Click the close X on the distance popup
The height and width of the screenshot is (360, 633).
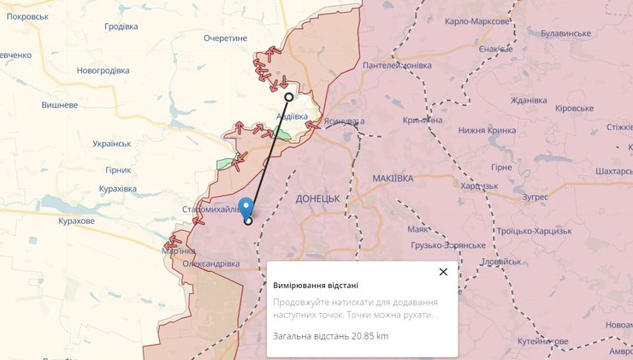443,272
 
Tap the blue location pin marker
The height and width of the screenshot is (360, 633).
246,209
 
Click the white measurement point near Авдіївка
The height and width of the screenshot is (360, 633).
289,97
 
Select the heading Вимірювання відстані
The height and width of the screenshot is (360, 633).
316,286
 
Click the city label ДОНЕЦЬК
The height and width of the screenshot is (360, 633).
317,198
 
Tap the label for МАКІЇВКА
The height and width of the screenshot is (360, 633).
393,178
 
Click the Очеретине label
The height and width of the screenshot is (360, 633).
225,38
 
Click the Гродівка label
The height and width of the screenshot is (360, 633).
121,26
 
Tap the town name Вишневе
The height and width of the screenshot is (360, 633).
60,105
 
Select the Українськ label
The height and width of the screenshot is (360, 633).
111,143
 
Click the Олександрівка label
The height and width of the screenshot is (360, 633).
210,263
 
